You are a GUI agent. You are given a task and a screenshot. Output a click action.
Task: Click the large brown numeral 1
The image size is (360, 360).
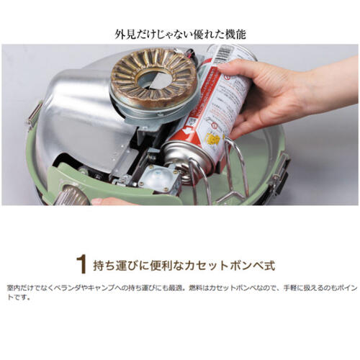coord(81,265)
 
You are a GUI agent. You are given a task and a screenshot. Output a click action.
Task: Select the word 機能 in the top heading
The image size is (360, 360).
coord(235,35)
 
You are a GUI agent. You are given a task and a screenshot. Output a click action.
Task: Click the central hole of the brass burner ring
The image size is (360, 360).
coord(154,81)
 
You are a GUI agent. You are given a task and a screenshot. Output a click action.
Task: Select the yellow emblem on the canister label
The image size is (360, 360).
coord(213,139)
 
